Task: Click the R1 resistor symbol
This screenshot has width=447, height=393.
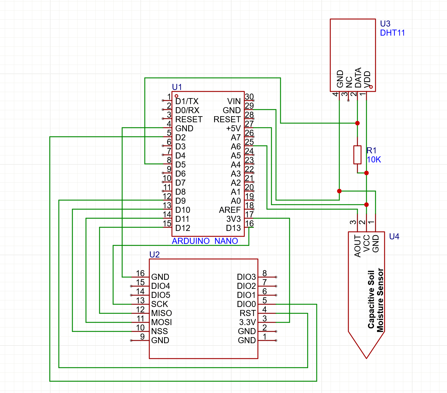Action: coord(357,155)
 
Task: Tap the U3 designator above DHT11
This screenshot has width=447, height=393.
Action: coord(385,24)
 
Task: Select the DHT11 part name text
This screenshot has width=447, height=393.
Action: coord(392,33)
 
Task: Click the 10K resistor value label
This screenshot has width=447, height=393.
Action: coord(374,160)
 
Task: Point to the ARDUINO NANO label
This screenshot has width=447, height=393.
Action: coord(205,241)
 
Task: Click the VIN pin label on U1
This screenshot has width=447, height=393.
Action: coord(234,101)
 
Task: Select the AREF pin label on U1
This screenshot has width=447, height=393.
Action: coord(230,210)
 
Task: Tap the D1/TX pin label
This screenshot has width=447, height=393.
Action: coord(187,101)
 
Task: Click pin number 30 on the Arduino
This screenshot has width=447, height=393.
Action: coord(249,97)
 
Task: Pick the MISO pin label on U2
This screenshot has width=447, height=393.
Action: coord(161,313)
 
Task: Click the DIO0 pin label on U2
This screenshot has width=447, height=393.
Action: coord(246,304)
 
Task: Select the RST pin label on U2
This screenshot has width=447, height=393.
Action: coord(248,313)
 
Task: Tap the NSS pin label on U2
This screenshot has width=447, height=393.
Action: coord(159,331)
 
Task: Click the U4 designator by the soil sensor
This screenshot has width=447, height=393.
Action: coord(394,237)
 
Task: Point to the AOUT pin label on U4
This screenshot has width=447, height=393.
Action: coord(358,246)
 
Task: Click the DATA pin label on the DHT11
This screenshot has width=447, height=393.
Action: coord(358,78)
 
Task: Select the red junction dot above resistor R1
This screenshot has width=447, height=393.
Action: coord(357,123)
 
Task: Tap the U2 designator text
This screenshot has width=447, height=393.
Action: coord(154,255)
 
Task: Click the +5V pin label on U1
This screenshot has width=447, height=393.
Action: coord(233,129)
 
